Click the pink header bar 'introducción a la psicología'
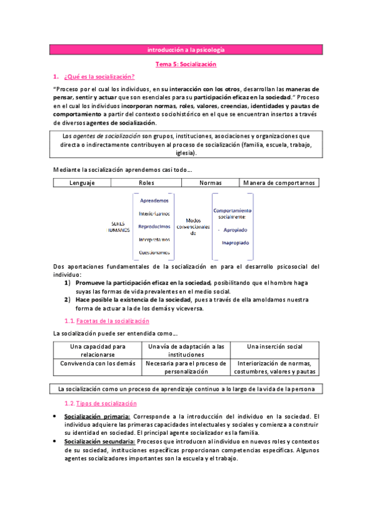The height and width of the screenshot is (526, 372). click(186, 50)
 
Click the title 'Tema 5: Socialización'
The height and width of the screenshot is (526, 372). click(186, 64)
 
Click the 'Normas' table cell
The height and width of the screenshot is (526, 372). click(210, 183)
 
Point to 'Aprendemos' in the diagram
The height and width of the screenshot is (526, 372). click(154, 200)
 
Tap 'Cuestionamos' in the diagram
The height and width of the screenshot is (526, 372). click(155, 252)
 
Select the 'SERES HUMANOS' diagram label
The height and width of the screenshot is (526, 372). click(117, 226)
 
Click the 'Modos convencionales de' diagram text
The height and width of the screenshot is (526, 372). click(193, 226)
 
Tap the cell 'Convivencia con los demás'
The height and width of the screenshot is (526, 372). click(98, 363)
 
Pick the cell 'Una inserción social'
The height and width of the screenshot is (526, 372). click(274, 346)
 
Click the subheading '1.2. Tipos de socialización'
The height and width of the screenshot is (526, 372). click(102, 403)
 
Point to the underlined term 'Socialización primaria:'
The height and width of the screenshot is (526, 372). click(98, 416)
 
